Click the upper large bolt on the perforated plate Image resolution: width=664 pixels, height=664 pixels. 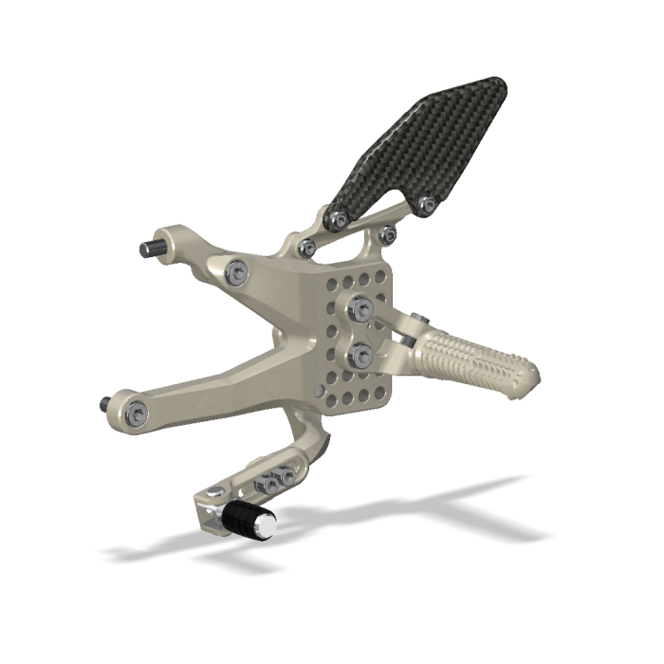pos(360,306)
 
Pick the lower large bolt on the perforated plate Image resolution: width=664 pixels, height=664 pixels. pos(360,355)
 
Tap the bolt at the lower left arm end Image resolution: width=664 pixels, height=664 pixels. pos(139,412)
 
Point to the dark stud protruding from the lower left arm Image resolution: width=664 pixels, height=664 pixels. pos(103,404)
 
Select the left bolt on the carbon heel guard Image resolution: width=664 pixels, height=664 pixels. pos(335,219)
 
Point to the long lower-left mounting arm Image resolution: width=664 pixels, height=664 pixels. pos(209,389)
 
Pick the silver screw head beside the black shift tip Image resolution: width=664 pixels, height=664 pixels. pos(216,492)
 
